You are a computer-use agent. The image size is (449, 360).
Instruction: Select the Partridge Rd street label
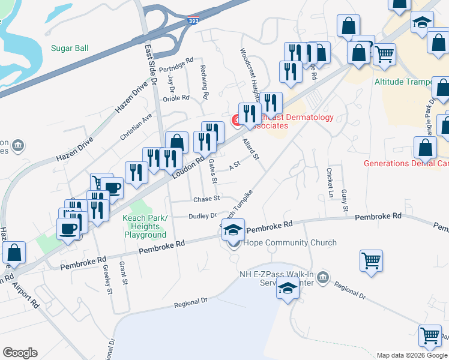click(176, 62)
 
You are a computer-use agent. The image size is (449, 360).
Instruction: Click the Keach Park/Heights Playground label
click(145, 226)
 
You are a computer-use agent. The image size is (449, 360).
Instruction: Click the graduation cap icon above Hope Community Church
click(234, 229)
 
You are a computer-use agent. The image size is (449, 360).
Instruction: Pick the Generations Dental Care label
click(406, 163)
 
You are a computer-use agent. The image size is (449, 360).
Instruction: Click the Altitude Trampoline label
click(411, 82)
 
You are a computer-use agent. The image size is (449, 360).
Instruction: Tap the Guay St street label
click(345, 200)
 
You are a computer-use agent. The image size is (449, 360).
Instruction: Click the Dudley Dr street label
click(203, 216)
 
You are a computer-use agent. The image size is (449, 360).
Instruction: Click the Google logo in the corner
click(20, 353)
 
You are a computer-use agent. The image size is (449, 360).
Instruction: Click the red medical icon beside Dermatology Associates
click(237, 121)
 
